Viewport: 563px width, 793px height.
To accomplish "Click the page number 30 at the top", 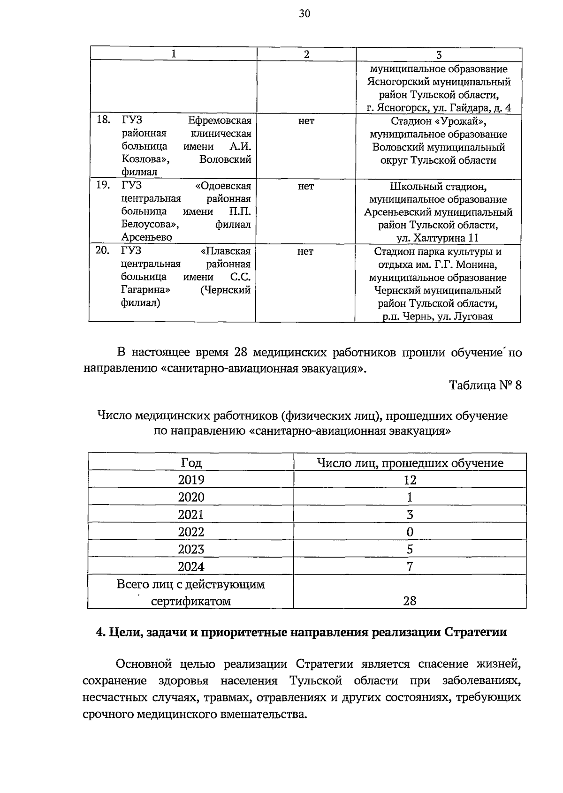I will coord(304,14).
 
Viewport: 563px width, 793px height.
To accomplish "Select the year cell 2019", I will coord(191,479).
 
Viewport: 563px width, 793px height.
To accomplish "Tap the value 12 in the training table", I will coord(409,479).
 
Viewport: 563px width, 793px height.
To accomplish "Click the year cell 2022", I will coord(191,532).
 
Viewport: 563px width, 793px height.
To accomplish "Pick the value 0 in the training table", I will coord(410,532).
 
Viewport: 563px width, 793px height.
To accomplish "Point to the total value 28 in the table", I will coord(410,601).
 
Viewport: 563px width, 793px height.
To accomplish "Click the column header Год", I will coord(191,463).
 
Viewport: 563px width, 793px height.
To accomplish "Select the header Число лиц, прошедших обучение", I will coord(410,463).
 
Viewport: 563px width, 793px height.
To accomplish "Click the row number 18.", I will coord(103,120).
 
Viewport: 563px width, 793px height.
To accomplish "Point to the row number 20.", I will coord(103,251).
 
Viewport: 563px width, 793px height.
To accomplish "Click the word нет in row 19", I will coord(305,186).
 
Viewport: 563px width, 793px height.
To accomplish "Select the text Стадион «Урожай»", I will coord(438,121).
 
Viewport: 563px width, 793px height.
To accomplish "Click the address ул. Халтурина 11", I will coord(438,237).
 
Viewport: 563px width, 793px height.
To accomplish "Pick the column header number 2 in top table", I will coord(306,54).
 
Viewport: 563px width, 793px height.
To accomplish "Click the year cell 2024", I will coord(191,566).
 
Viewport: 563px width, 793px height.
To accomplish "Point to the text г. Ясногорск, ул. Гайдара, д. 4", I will coord(438,108).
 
